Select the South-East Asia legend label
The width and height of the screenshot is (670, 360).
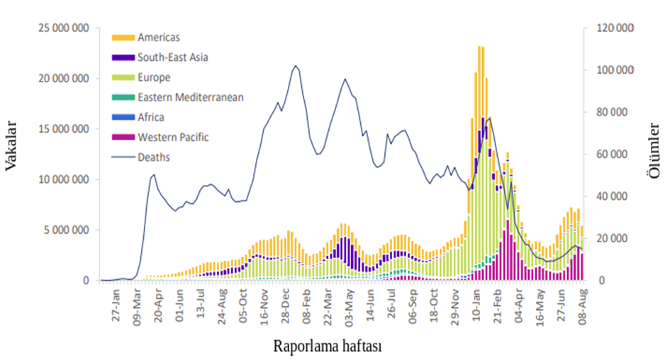[x=173, y=57]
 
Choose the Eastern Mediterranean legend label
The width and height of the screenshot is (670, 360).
[x=191, y=97]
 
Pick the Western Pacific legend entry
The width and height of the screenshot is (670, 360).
[x=173, y=137]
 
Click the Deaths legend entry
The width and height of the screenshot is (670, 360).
[x=154, y=157]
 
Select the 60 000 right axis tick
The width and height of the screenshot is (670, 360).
[x=615, y=154]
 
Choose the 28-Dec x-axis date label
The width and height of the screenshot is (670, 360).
[x=286, y=306]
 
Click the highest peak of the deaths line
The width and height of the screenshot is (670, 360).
[x=296, y=66]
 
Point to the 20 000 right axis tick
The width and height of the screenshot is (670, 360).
[x=615, y=239]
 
